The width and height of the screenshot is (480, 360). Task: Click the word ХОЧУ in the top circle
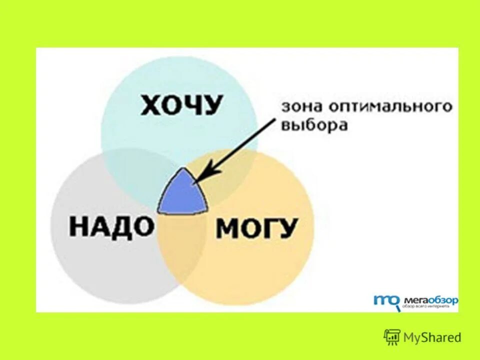pos(181,105)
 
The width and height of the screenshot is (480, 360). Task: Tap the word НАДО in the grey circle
pos(111,226)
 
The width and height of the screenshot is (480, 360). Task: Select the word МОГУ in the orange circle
pos(257,229)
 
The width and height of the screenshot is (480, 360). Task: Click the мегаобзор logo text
pos(430,300)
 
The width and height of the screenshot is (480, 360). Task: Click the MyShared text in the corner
pos(432,337)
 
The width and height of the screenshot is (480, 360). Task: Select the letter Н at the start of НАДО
pos(79,226)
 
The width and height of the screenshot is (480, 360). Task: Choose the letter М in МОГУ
pos(227,229)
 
